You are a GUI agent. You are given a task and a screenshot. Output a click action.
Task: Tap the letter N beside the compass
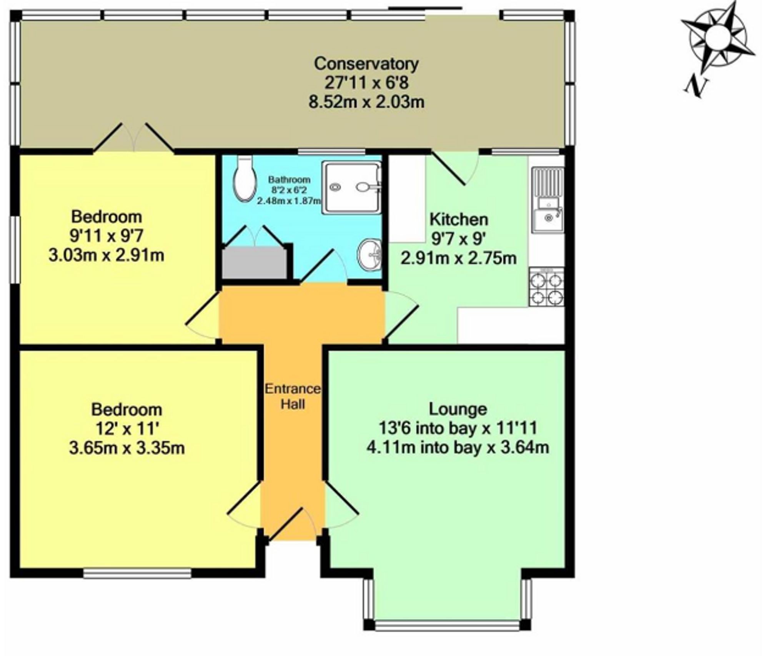coord(696,87)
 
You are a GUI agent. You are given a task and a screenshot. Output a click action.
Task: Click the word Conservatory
coord(366,63)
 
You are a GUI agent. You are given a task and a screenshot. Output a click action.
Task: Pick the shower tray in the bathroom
coord(351,187)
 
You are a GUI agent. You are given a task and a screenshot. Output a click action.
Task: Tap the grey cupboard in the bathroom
coord(255,263)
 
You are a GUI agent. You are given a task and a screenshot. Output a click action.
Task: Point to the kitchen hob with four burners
coord(546,287)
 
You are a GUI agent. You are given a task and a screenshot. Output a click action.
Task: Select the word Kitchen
coord(459,219)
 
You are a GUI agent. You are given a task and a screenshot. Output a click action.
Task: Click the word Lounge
coord(458,409)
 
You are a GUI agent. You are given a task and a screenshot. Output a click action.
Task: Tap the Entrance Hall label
coord(293,396)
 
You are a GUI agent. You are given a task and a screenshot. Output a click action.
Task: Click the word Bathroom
coord(289,179)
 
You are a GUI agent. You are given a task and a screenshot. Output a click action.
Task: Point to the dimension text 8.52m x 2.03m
coord(366,102)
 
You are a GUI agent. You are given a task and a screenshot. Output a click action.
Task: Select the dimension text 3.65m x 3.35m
coord(127,448)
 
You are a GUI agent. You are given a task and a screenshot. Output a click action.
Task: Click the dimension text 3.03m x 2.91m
coord(106,255)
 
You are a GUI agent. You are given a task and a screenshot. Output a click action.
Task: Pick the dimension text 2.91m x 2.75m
coord(458,258)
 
